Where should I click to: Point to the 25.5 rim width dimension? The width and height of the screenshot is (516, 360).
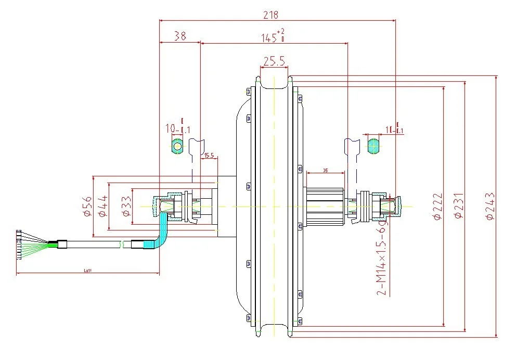tap(274, 62)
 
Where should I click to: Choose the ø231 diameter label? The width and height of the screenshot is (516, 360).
tap(459, 207)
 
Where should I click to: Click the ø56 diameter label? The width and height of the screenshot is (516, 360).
tap(87, 206)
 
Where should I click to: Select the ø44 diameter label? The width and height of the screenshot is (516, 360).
tap(102, 206)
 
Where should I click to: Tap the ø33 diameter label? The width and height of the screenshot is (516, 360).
tap(125, 206)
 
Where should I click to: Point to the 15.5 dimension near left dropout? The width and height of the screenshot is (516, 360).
tap(209, 156)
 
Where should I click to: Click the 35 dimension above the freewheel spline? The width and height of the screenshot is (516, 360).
tap(325, 170)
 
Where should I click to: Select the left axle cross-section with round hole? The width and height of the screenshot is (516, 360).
tap(177, 145)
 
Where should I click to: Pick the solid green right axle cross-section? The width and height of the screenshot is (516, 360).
tap(373, 145)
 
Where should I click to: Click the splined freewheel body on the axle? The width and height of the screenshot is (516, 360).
tap(325, 207)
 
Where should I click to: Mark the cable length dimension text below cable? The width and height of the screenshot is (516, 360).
tap(87, 271)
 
